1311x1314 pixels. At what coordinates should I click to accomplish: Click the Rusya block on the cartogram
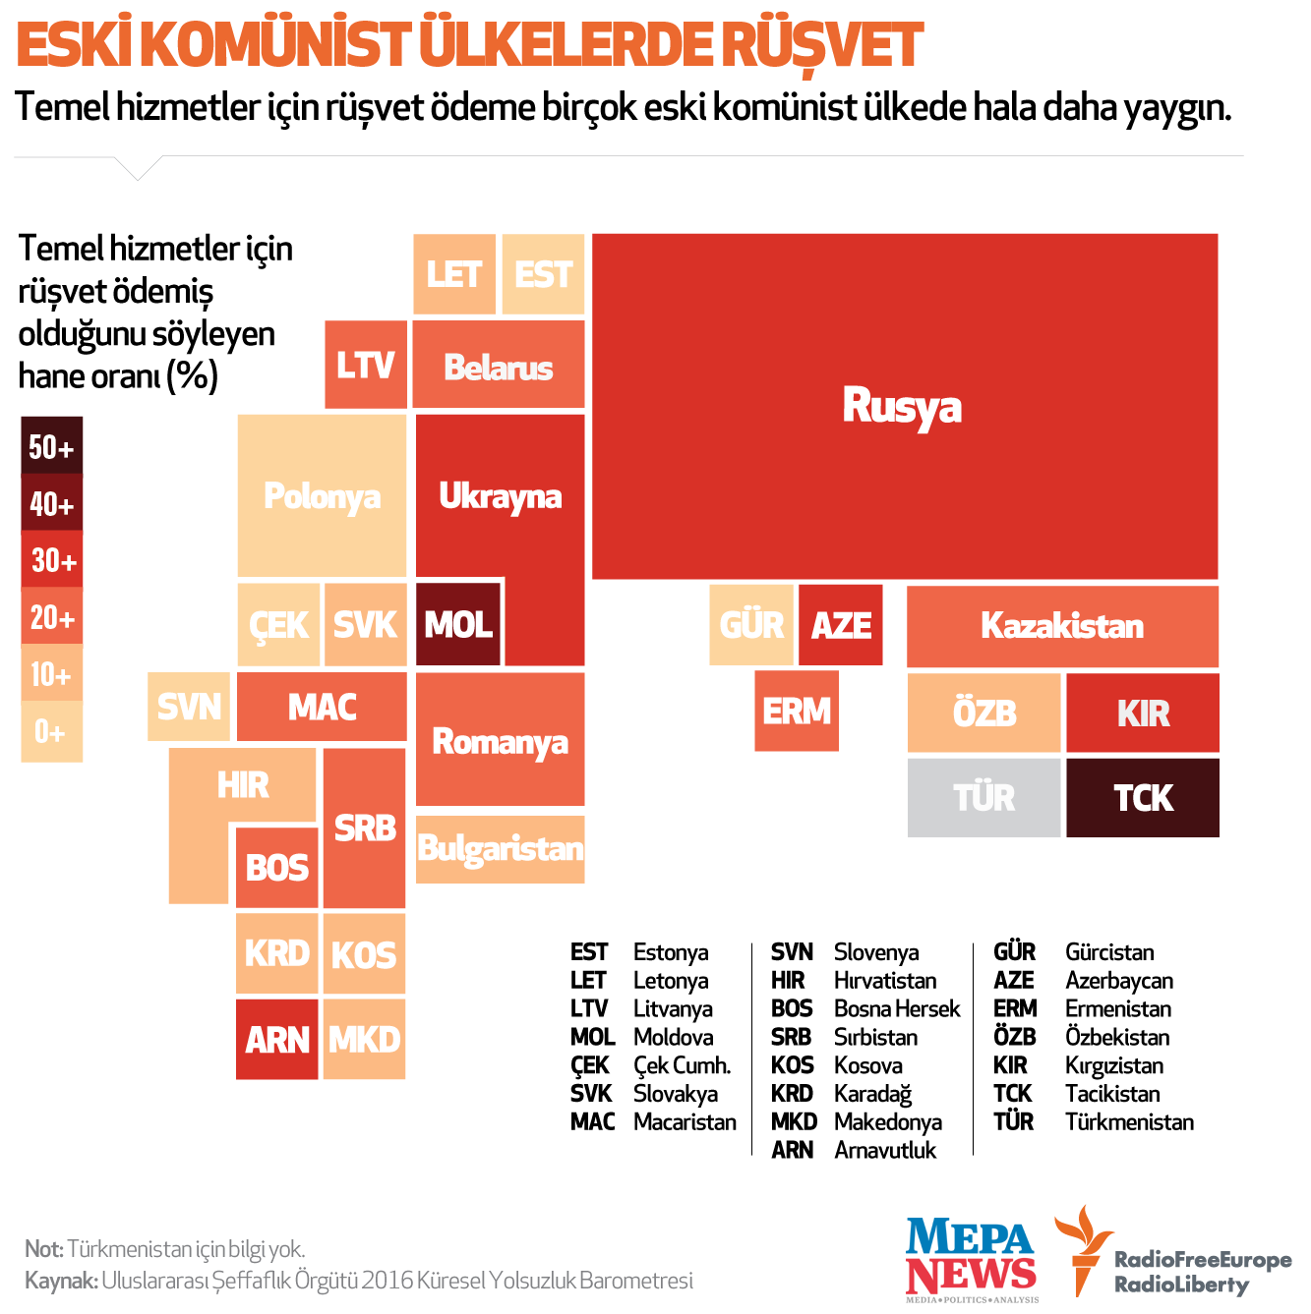pos(904,406)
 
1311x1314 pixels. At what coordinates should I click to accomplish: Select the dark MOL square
pos(458,624)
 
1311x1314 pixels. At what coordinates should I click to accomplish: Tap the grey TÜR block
pos(983,797)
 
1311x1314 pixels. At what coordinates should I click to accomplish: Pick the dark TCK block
pos(1143,797)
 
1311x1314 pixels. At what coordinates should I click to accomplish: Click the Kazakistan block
pos(1062,626)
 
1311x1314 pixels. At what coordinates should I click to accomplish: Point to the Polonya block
pos(322,495)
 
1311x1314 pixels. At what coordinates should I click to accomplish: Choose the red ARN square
pos(277,1039)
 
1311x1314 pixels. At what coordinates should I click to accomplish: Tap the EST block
pos(543,274)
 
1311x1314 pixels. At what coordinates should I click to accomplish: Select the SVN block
pos(189,706)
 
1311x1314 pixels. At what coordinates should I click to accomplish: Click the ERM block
pos(797,711)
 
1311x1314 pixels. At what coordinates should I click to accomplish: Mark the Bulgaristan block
pos(500,848)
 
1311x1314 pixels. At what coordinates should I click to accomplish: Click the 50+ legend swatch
pos(52,446)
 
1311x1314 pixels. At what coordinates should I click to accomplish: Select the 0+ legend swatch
pos(52,731)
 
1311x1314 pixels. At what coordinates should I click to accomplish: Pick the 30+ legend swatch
pos(52,560)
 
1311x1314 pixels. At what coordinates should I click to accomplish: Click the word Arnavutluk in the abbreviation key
pos(885,1150)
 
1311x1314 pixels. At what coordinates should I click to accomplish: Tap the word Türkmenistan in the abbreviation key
pos(1129,1121)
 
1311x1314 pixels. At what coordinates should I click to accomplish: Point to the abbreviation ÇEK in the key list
pos(590,1065)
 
